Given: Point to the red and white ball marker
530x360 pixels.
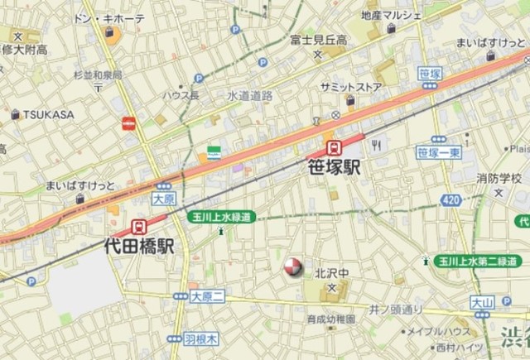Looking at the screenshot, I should [x=292, y=267].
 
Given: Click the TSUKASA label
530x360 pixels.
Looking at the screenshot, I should [x=48, y=114].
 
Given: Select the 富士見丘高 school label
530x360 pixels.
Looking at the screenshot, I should [x=318, y=39].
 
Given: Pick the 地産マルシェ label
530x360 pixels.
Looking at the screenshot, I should [x=391, y=16].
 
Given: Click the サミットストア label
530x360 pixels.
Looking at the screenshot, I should [x=350, y=85].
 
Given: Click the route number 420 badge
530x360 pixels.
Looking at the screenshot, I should [x=451, y=200].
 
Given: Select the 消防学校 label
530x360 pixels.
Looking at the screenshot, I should [x=499, y=178].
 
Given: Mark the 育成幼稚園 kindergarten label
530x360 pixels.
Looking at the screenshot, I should [x=330, y=319].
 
